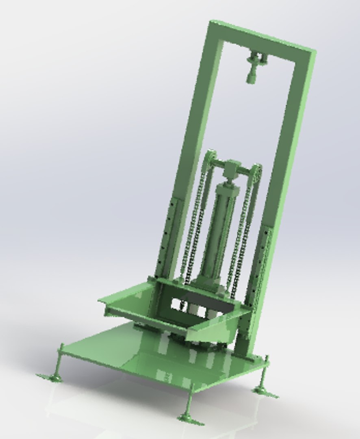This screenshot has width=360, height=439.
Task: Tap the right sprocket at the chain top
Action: click(255, 171)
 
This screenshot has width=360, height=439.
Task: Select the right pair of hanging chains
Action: click(243, 240)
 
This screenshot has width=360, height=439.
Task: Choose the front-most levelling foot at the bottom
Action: click(189, 417)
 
